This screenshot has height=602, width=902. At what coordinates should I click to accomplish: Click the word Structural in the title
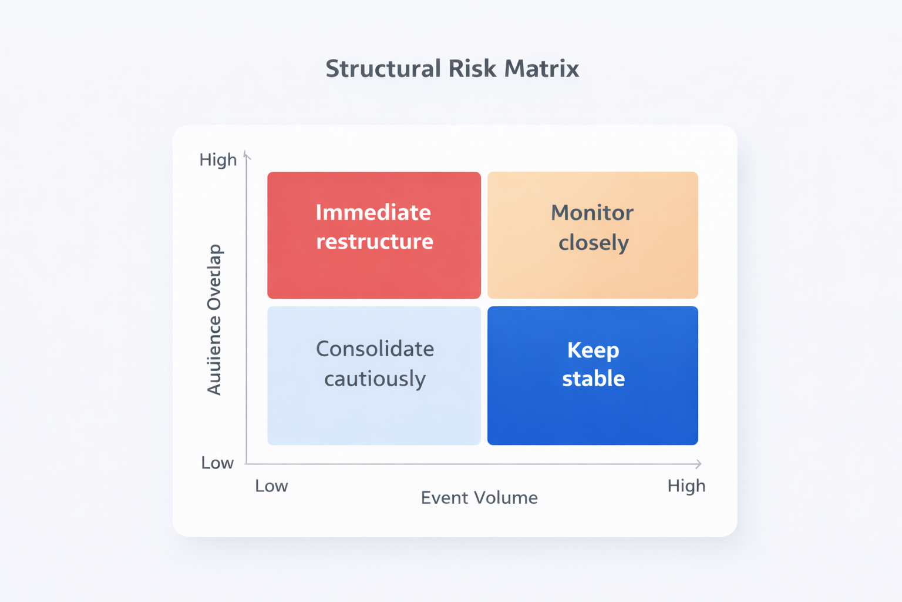point(383,69)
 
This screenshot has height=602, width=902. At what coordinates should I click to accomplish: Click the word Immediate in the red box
point(373,212)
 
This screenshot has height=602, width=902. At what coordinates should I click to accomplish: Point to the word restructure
point(375,242)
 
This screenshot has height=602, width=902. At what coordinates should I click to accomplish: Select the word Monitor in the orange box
point(592,213)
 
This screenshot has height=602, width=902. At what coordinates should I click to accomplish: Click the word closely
point(593,243)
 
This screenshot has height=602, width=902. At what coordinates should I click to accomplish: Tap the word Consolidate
point(375,349)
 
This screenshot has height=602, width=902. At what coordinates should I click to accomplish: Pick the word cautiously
point(375,379)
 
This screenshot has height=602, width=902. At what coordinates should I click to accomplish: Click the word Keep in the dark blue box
point(593,350)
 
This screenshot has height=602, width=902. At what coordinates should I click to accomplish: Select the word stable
point(593,379)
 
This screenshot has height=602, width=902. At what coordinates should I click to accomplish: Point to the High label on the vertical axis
point(218,160)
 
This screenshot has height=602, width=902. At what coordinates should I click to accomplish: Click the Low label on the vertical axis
point(217,463)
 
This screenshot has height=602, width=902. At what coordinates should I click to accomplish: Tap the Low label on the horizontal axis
point(271,486)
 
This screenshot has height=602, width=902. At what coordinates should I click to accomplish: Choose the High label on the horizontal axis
point(686,486)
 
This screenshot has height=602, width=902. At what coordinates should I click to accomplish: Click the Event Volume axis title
point(479,498)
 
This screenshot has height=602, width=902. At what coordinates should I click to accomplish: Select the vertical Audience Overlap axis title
point(214,319)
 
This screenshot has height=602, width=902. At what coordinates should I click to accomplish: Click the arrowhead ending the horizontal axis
point(698,464)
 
